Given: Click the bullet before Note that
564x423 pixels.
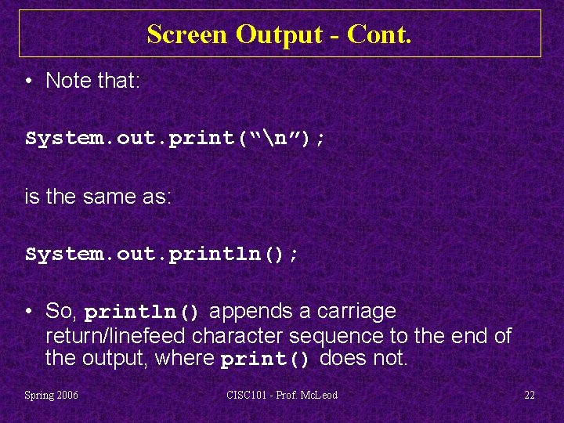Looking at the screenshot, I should point(30,81).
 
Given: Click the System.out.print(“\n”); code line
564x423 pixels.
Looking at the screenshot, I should point(176,139).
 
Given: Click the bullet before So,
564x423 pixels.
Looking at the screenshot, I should point(30,312).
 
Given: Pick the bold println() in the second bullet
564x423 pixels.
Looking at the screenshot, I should point(143,313).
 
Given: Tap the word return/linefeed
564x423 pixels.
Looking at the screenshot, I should point(116,336).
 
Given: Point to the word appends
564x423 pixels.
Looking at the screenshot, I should point(247,312).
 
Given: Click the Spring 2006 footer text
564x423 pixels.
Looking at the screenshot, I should point(51,396).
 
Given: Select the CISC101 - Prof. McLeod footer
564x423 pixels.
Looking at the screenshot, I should point(282,396).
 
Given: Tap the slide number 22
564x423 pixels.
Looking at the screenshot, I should point(530,396).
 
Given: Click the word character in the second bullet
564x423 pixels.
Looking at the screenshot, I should point(239,336).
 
